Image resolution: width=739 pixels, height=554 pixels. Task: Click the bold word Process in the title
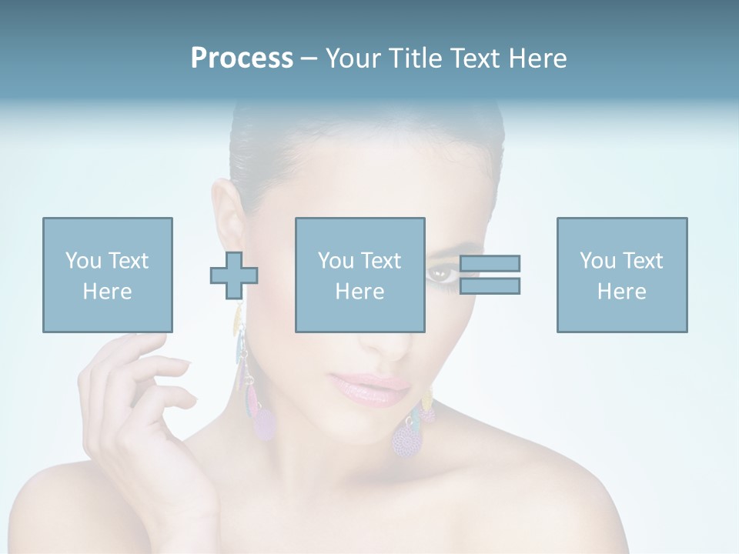coord(242,58)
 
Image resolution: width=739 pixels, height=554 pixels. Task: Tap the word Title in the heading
coord(414,58)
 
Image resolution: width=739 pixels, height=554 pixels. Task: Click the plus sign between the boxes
coord(234,275)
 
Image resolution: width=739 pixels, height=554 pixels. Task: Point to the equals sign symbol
coord(490,275)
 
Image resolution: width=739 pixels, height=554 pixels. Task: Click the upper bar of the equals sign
coord(490,263)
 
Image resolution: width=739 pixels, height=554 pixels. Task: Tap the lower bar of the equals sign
coord(490,286)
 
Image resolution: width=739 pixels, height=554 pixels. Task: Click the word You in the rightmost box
coord(597,261)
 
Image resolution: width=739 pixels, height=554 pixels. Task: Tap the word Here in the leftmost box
coord(107,292)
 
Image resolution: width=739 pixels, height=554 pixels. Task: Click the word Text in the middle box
coord(381,261)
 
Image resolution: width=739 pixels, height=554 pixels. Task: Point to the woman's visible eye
coord(442,273)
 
